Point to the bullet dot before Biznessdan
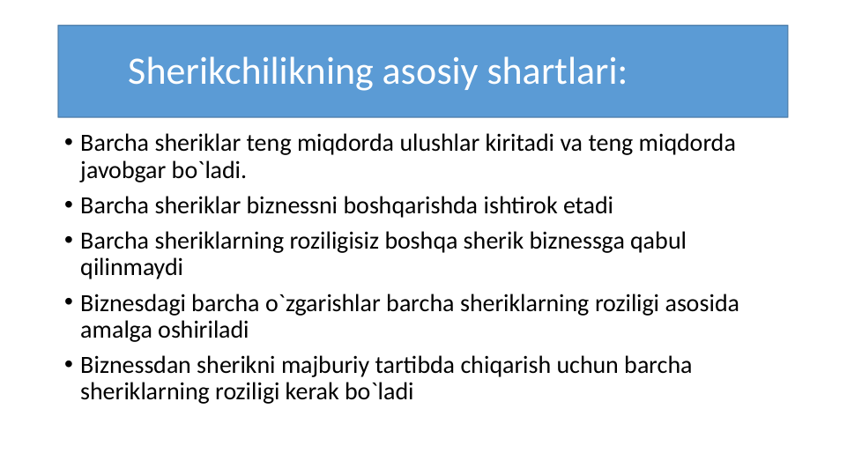coord(68,366)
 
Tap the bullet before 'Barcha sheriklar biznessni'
coord(68,207)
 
